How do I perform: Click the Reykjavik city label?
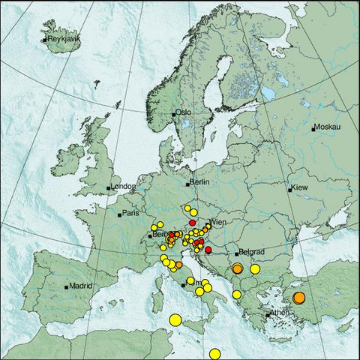(x=63, y=38)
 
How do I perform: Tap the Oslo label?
(x=184, y=112)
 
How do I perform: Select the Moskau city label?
(x=328, y=127)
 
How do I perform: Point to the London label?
(x=122, y=187)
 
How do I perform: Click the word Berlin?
(x=198, y=182)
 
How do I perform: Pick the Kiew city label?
(x=299, y=186)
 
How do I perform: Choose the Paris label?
(x=132, y=213)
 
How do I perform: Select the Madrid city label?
(x=79, y=286)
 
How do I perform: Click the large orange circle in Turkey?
(x=298, y=298)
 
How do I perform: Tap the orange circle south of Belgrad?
(x=237, y=268)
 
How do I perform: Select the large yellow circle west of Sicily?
(x=175, y=320)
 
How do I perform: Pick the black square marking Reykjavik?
(x=44, y=39)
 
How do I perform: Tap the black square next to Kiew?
(x=289, y=189)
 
